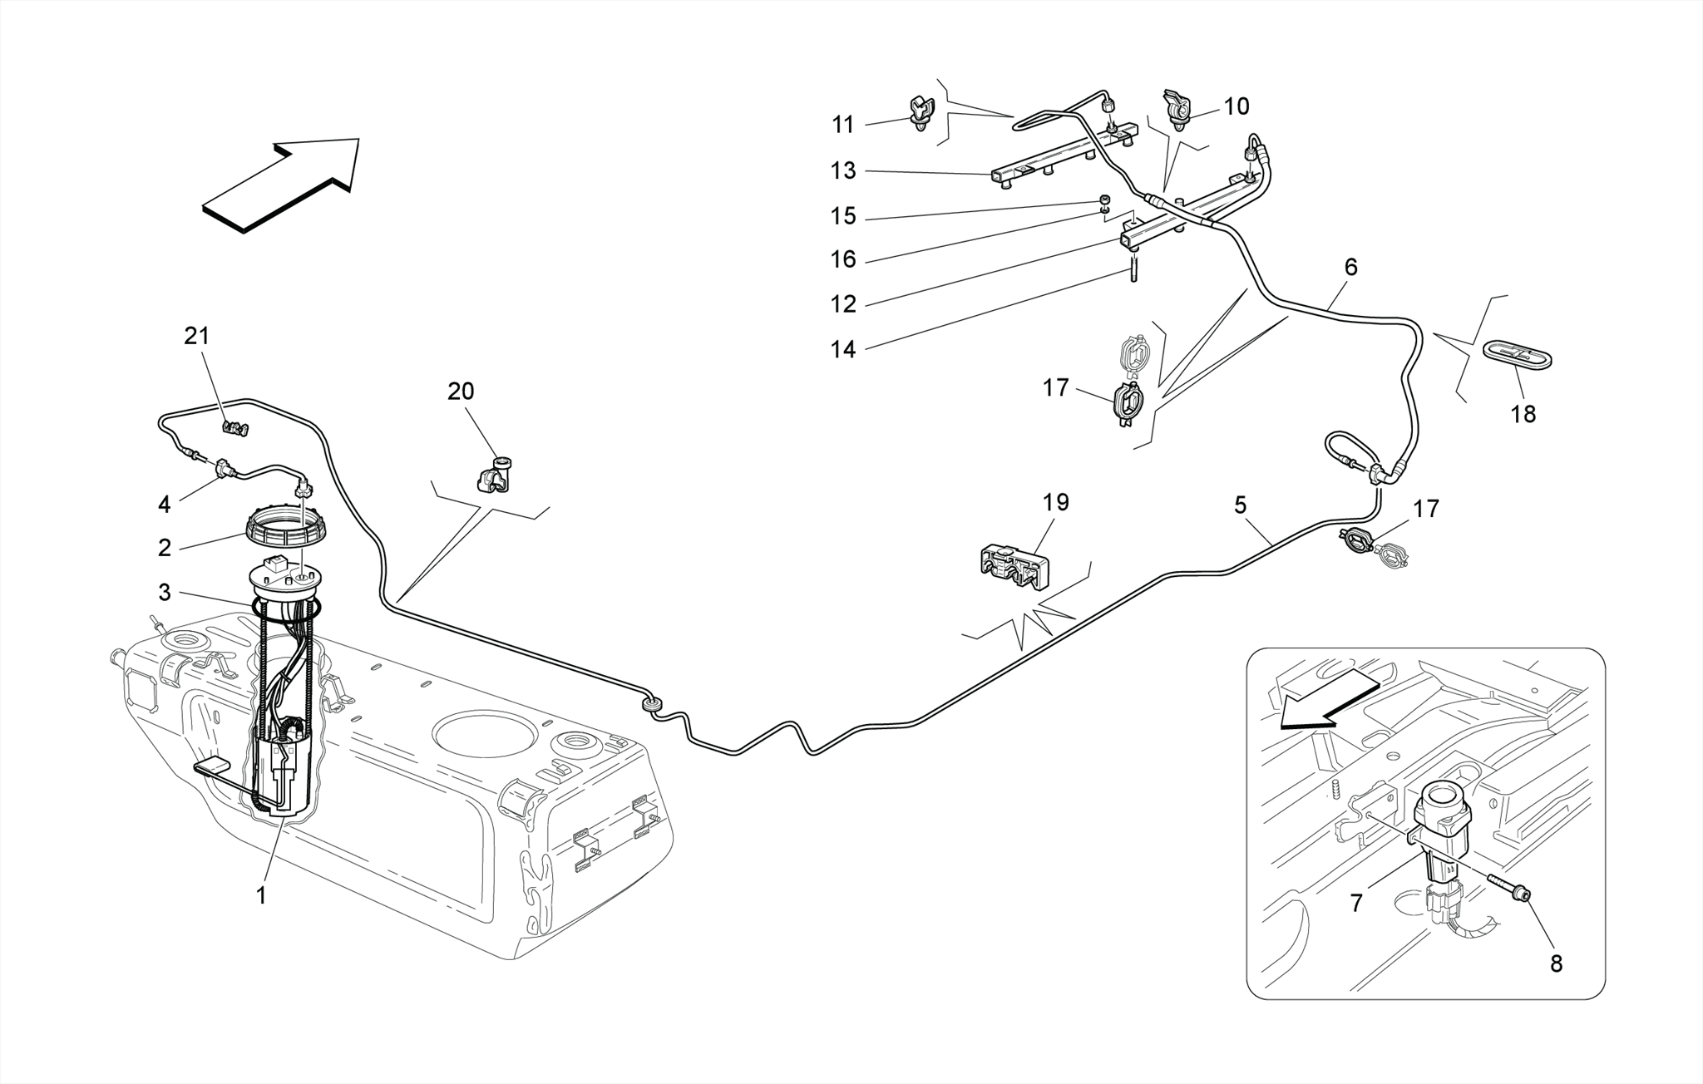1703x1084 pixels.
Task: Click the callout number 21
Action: [x=197, y=337]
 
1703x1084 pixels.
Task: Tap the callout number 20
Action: [x=461, y=392]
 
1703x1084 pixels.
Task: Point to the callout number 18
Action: [x=1523, y=414]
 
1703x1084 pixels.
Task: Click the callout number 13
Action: [x=843, y=171]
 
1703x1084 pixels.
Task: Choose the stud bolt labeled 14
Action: [x=1132, y=271]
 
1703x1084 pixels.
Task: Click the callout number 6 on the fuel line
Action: [x=1350, y=268]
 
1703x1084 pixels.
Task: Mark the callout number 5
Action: [x=1240, y=505]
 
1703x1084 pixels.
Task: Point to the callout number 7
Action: [x=1356, y=903]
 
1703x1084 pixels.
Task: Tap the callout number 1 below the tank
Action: [x=261, y=896]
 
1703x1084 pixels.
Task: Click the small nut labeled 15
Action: [x=1104, y=200]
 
